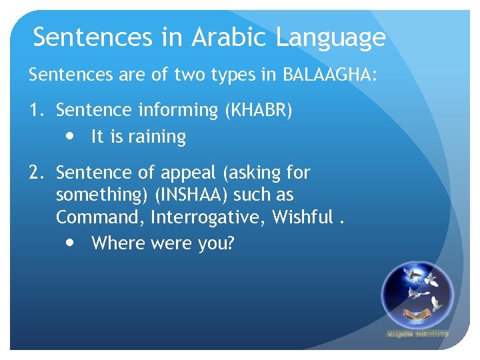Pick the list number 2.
coord(36,173)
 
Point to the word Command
coord(100,218)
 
